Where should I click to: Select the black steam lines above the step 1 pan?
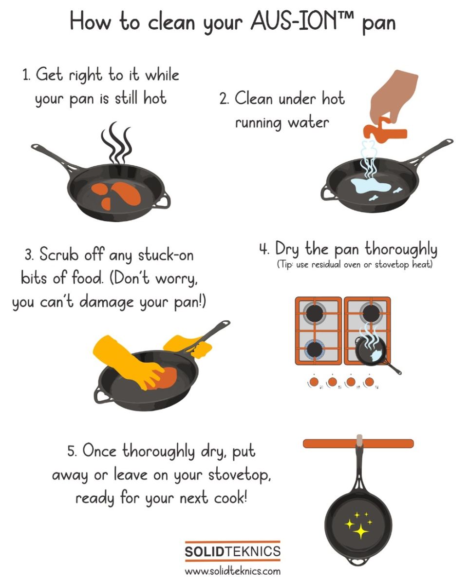117,143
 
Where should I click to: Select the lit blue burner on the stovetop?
315,349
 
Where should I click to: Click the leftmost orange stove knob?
314,382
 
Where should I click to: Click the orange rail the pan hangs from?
358,444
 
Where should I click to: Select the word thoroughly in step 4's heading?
401,249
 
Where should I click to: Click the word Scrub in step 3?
59,254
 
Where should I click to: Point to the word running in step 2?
259,123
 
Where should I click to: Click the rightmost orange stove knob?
369,382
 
